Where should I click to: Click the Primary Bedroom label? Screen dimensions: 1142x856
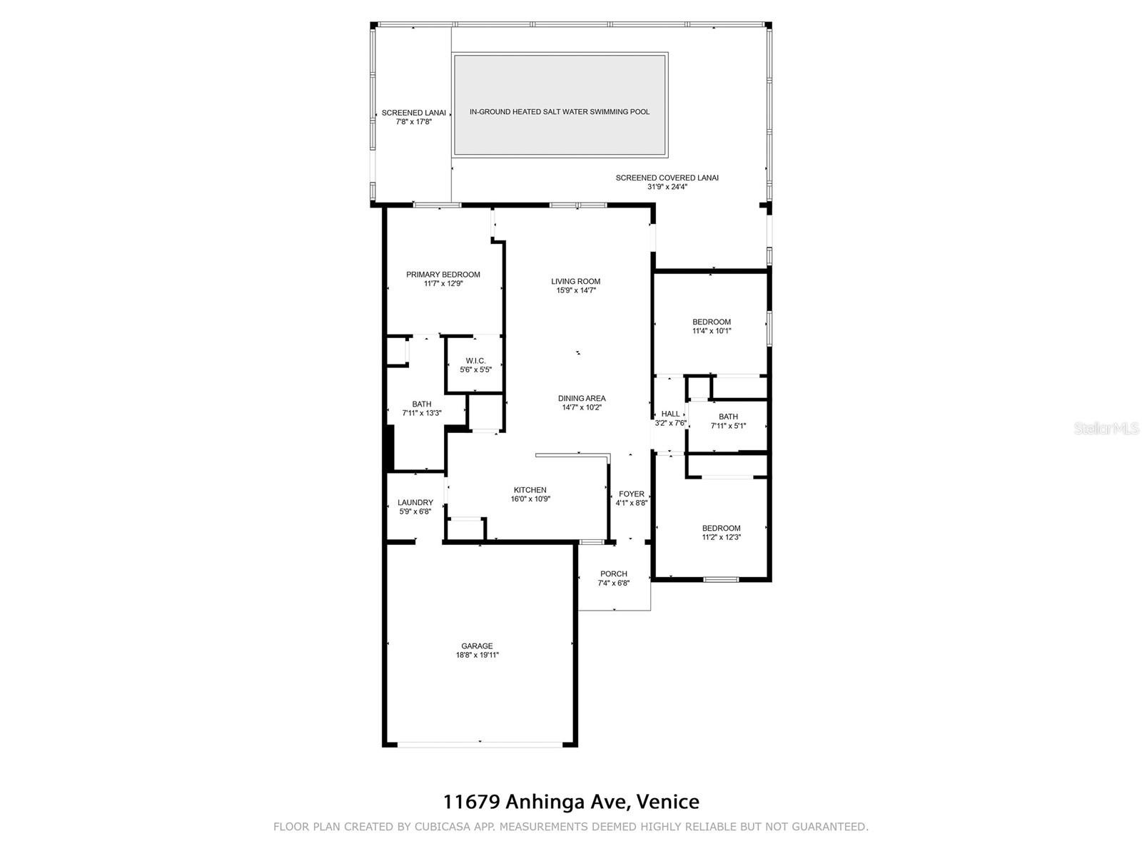(443, 275)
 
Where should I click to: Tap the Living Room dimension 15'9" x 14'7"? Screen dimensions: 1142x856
(575, 290)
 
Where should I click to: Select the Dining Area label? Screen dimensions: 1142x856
(582, 398)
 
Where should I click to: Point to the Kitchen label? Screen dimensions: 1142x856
(530, 489)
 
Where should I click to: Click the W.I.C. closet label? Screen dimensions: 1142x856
(475, 361)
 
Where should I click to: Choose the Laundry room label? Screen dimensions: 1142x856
(415, 502)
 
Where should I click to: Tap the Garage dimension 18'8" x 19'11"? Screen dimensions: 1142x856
(477, 655)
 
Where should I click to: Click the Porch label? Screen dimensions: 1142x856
(613, 574)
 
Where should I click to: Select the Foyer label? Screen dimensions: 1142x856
(631, 494)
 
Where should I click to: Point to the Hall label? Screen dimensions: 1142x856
(670, 414)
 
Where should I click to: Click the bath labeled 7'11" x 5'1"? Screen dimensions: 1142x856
(728, 421)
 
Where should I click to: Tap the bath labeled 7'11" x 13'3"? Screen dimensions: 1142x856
(421, 409)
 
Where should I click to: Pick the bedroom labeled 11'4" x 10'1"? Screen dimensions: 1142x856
(711, 326)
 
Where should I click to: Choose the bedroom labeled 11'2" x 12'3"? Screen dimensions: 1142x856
(721, 532)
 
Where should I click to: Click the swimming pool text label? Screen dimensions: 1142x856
(560, 112)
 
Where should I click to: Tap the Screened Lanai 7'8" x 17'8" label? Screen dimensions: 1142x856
(413, 117)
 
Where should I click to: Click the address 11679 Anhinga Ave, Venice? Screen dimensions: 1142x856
(571, 801)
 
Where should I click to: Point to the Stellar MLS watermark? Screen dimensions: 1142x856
(1106, 428)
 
